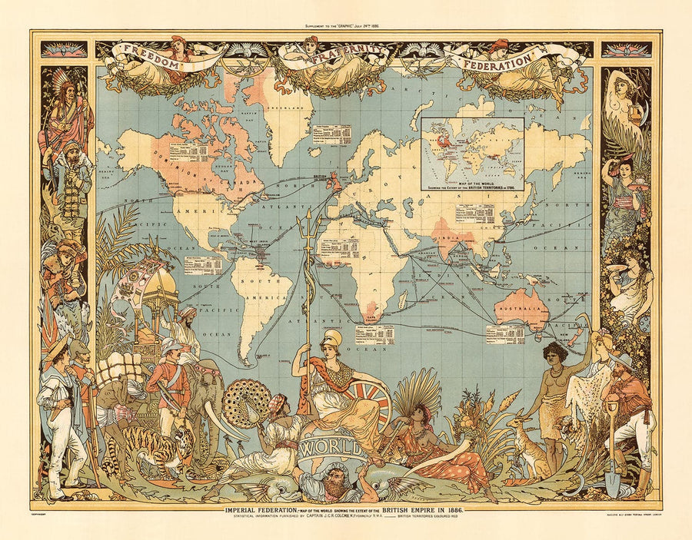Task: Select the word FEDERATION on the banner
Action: point(497,58)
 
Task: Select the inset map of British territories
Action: point(472,154)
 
